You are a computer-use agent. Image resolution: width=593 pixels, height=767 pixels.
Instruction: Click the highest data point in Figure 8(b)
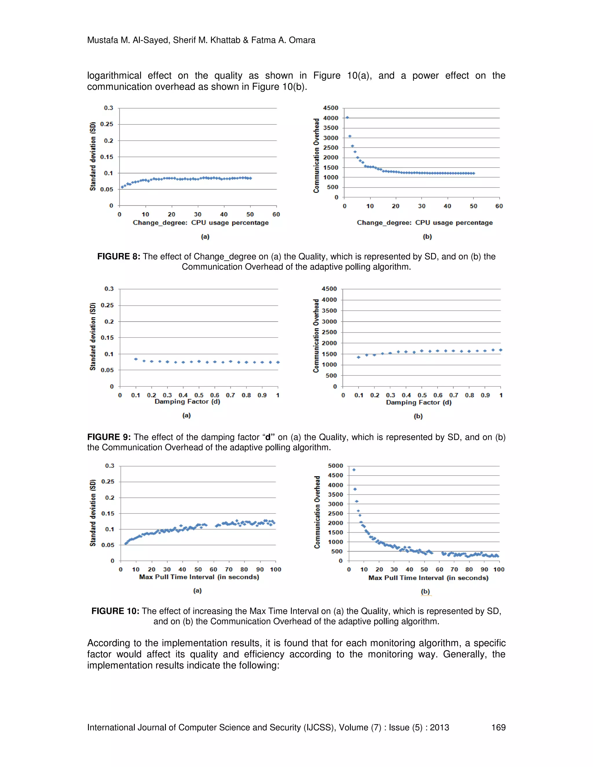(347, 118)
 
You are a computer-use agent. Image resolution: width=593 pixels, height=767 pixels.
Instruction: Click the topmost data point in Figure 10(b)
(354, 469)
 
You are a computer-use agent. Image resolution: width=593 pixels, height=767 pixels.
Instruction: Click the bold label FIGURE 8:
(118, 257)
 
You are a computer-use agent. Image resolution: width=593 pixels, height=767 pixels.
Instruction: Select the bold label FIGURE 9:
(109, 437)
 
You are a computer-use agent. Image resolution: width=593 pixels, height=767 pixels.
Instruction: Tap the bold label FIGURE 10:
(115, 611)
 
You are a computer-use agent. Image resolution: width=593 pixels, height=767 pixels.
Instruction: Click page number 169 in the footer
(498, 727)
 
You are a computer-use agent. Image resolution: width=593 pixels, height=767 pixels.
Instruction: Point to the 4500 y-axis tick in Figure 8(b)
(331, 108)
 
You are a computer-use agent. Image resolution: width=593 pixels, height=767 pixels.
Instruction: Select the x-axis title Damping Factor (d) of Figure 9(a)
(187, 401)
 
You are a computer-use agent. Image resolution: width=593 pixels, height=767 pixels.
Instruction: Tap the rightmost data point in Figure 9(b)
(501, 350)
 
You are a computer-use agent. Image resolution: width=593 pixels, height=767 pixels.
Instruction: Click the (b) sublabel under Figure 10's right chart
(425, 591)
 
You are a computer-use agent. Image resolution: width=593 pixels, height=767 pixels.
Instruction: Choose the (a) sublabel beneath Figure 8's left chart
(205, 237)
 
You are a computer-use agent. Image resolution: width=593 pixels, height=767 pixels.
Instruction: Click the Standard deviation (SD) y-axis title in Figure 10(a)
(93, 513)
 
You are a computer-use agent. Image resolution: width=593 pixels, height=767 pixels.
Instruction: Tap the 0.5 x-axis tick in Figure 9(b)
(422, 395)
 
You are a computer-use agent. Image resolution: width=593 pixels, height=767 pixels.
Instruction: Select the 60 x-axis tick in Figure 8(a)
(276, 214)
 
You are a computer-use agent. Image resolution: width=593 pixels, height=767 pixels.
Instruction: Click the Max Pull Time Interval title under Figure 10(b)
(428, 578)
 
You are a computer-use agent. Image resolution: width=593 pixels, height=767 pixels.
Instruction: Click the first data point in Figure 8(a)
(122, 187)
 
